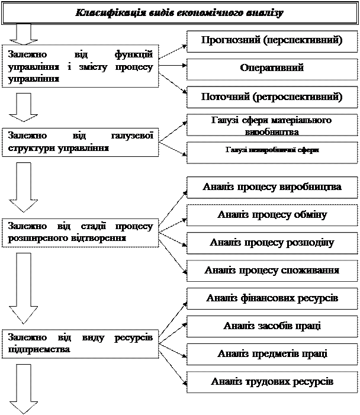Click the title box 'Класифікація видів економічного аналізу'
180,12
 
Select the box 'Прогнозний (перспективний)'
272,41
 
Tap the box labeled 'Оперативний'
272,69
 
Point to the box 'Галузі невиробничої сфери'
272,152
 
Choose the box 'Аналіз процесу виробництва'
272,188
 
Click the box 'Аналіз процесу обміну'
272,215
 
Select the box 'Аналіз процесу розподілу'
272,243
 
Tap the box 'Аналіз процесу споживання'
272,271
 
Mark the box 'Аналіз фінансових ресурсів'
272,298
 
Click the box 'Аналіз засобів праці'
272,326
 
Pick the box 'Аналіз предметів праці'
272,353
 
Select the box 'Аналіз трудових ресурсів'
272,381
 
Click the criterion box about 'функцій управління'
81,67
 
